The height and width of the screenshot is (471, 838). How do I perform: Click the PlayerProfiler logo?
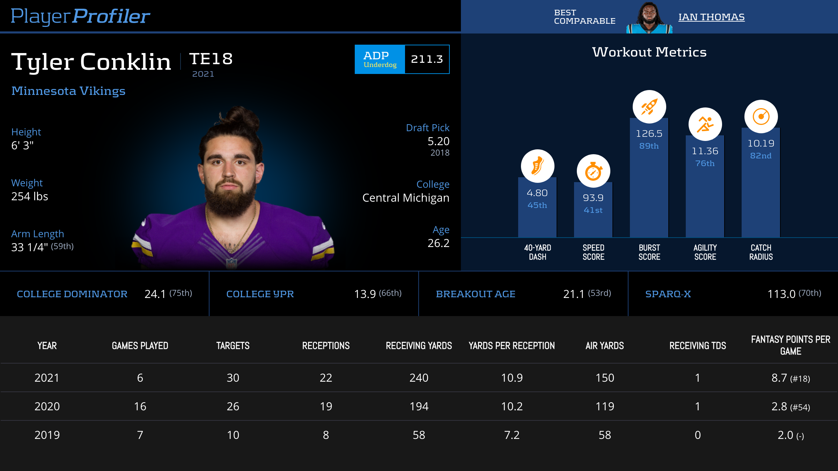pyautogui.click(x=80, y=16)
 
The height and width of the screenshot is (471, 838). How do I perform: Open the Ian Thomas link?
pyautogui.click(x=711, y=17)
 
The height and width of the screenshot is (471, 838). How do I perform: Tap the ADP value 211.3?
pyautogui.click(x=427, y=59)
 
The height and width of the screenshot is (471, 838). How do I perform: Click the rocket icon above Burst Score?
pyautogui.click(x=649, y=107)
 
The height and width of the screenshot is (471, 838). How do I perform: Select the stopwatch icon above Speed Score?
pyautogui.click(x=593, y=171)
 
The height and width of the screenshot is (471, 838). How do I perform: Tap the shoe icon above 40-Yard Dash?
pyautogui.click(x=537, y=166)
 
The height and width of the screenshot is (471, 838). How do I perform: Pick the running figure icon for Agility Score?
pyautogui.click(x=705, y=125)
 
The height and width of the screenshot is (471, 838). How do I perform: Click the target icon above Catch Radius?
pyautogui.click(x=761, y=117)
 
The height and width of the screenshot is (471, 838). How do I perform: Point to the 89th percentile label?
pyautogui.click(x=649, y=146)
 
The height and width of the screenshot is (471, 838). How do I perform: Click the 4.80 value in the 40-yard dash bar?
pyautogui.click(x=537, y=193)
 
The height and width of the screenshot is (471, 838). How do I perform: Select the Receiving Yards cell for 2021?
pyautogui.click(x=419, y=378)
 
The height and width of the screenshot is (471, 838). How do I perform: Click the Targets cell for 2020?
pyautogui.click(x=233, y=406)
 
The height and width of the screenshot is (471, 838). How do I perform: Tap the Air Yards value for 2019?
pyautogui.click(x=605, y=435)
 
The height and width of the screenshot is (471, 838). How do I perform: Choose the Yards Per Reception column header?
pyautogui.click(x=512, y=346)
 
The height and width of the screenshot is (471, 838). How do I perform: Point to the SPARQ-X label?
pyautogui.click(x=668, y=294)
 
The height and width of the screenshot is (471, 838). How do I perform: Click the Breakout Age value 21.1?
pyautogui.click(x=574, y=294)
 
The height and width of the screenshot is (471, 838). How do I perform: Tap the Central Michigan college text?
pyautogui.click(x=406, y=198)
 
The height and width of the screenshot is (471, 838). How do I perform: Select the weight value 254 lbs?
pyautogui.click(x=30, y=196)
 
